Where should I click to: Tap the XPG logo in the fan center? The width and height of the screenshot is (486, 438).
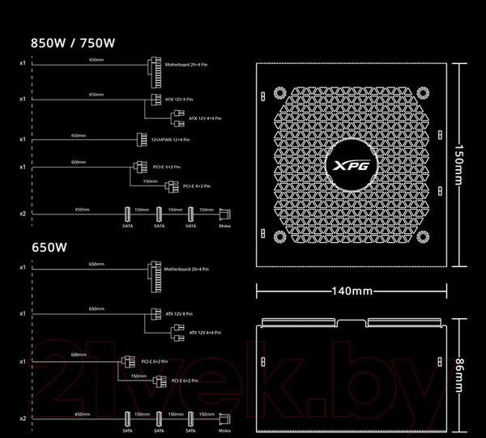352,166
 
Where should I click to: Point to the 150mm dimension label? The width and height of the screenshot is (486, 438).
459,164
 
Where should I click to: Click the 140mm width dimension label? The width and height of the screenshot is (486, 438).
352,291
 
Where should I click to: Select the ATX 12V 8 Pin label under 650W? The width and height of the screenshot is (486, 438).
182,313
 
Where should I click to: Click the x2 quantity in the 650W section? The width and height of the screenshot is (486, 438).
23,418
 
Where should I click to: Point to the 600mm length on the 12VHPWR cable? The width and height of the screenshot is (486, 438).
79,136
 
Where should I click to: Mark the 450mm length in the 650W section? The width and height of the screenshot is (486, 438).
82,414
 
